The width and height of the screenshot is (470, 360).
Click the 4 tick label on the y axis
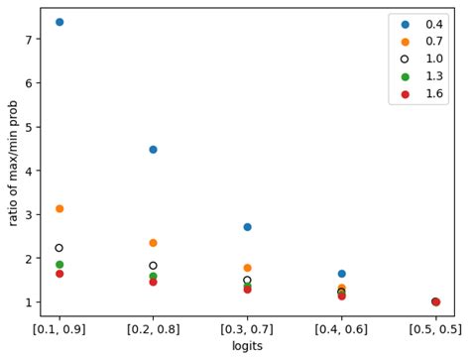click(x=30, y=171)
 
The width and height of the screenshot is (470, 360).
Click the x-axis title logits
click(x=247, y=346)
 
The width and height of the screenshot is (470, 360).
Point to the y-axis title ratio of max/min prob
click(x=13, y=162)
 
